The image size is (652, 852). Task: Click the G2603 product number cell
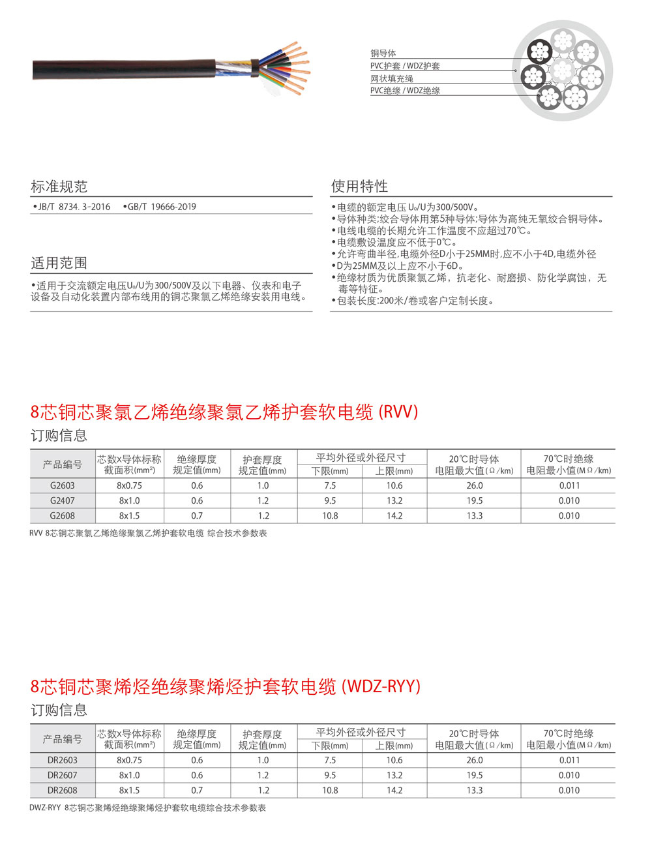[x=63, y=485]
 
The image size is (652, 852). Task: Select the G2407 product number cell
[x=63, y=500]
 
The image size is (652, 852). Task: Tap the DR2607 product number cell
[x=63, y=775]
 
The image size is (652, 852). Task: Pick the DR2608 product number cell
[x=63, y=790]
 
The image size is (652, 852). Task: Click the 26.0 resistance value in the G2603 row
[x=475, y=485]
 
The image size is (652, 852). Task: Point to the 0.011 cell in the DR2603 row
[x=569, y=760]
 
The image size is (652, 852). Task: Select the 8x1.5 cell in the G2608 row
[x=129, y=515]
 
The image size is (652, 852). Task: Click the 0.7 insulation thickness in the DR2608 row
[x=197, y=790]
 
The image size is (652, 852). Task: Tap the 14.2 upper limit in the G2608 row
[x=394, y=515]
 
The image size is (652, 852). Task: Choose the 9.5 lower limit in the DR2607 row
[x=330, y=775]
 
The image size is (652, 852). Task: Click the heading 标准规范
[x=59, y=187]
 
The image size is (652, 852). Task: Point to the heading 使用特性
[x=359, y=186]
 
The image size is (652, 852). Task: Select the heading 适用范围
[x=59, y=263]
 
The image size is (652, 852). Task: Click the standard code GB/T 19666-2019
[x=161, y=207]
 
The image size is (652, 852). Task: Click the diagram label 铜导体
[x=383, y=53]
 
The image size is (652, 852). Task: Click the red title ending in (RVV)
[x=224, y=412]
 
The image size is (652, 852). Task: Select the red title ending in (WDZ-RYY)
[x=226, y=687]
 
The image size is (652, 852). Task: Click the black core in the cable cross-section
[x=540, y=50]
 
